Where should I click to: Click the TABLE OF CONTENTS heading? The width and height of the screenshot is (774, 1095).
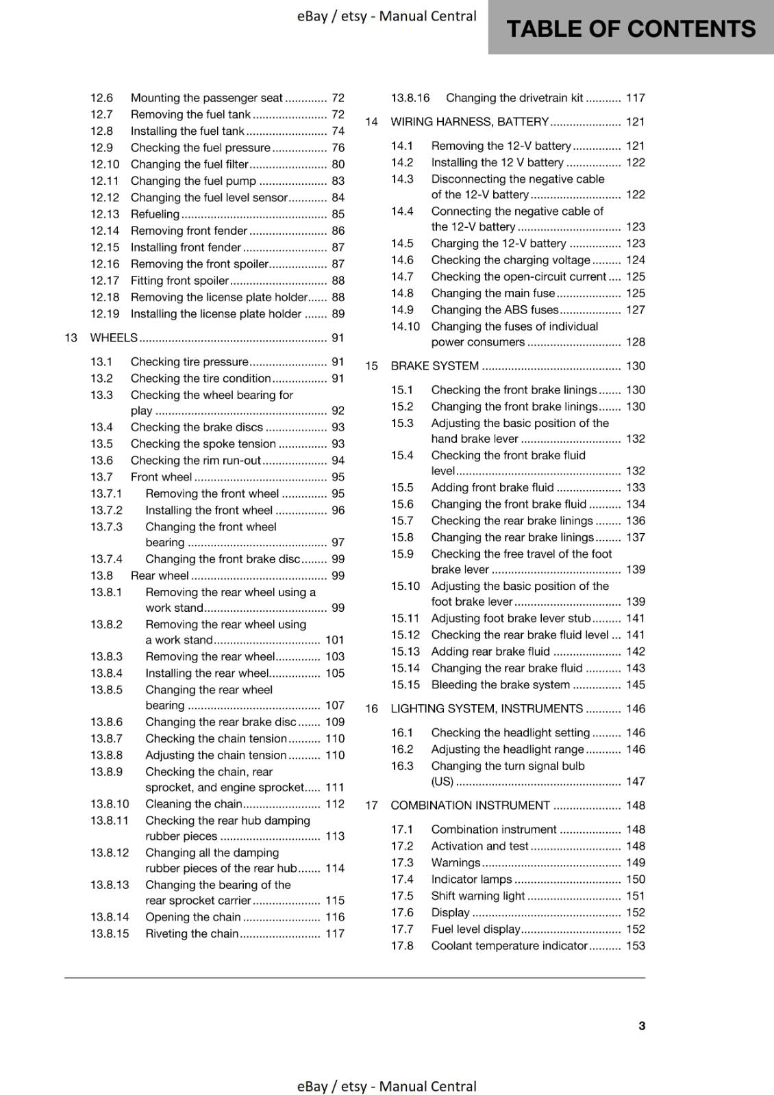click(x=630, y=29)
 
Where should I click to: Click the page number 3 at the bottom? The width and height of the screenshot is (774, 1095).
click(x=641, y=1026)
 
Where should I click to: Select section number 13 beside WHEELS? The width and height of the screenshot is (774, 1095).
click(x=71, y=337)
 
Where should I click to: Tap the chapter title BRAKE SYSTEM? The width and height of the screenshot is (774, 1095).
click(x=434, y=366)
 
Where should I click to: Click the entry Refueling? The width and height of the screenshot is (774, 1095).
click(x=155, y=214)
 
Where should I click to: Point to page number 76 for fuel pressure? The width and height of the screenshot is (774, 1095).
click(x=338, y=148)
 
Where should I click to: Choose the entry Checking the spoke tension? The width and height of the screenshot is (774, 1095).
click(x=203, y=444)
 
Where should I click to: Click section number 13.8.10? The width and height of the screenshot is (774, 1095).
click(x=110, y=804)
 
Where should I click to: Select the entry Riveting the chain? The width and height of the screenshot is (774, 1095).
click(x=192, y=933)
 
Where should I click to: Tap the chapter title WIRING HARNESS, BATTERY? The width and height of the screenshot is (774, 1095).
click(x=469, y=122)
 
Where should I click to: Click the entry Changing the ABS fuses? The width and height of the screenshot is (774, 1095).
click(x=495, y=310)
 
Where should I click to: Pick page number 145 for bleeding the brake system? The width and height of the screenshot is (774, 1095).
click(x=635, y=685)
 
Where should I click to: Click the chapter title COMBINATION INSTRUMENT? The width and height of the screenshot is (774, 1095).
click(x=470, y=806)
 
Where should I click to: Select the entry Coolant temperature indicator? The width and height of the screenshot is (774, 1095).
click(x=509, y=946)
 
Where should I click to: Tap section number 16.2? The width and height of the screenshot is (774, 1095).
click(x=402, y=749)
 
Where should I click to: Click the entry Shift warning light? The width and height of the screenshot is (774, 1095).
click(x=477, y=896)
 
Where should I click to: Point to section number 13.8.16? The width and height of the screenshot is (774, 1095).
click(x=410, y=98)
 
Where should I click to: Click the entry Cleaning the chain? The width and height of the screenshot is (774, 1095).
click(x=194, y=804)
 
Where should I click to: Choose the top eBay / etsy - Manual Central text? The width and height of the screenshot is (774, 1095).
click(x=386, y=16)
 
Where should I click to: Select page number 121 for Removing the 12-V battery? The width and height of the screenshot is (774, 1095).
click(x=635, y=146)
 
